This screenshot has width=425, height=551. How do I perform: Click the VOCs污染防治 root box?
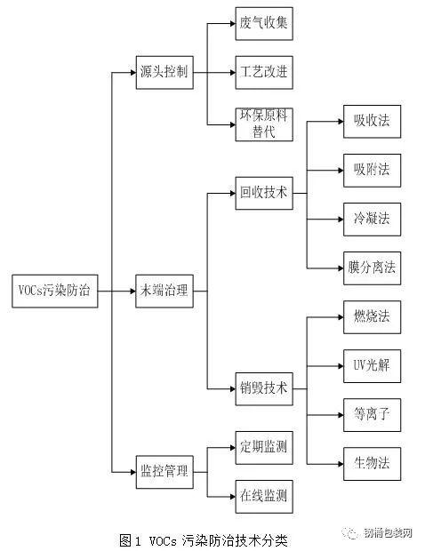[55, 291]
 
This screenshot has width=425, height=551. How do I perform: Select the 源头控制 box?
[164, 72]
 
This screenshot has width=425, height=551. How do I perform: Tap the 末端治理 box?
[164, 291]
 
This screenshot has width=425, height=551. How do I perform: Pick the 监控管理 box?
[164, 472]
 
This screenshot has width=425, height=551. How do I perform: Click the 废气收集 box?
[264, 23]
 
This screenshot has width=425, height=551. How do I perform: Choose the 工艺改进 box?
[264, 72]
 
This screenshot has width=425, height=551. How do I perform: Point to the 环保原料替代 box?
[264, 124]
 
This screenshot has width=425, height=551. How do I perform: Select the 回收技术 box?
[264, 193]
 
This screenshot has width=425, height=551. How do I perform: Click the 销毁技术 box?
[264, 389]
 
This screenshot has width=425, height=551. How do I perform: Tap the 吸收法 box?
[372, 121]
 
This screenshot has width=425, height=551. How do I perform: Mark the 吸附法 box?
[372, 171]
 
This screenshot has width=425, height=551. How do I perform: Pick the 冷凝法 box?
[372, 220]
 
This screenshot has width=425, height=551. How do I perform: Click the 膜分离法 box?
[372, 268]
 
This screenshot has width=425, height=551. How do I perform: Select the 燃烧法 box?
[372, 317]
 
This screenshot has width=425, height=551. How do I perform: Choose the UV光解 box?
[372, 366]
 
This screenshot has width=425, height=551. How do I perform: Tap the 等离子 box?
[372, 415]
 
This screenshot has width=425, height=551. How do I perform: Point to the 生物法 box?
[372, 464]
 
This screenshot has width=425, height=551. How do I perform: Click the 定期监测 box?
[264, 448]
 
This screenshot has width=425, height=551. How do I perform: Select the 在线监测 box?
[264, 497]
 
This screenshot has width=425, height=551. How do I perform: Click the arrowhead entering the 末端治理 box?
[133, 291]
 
